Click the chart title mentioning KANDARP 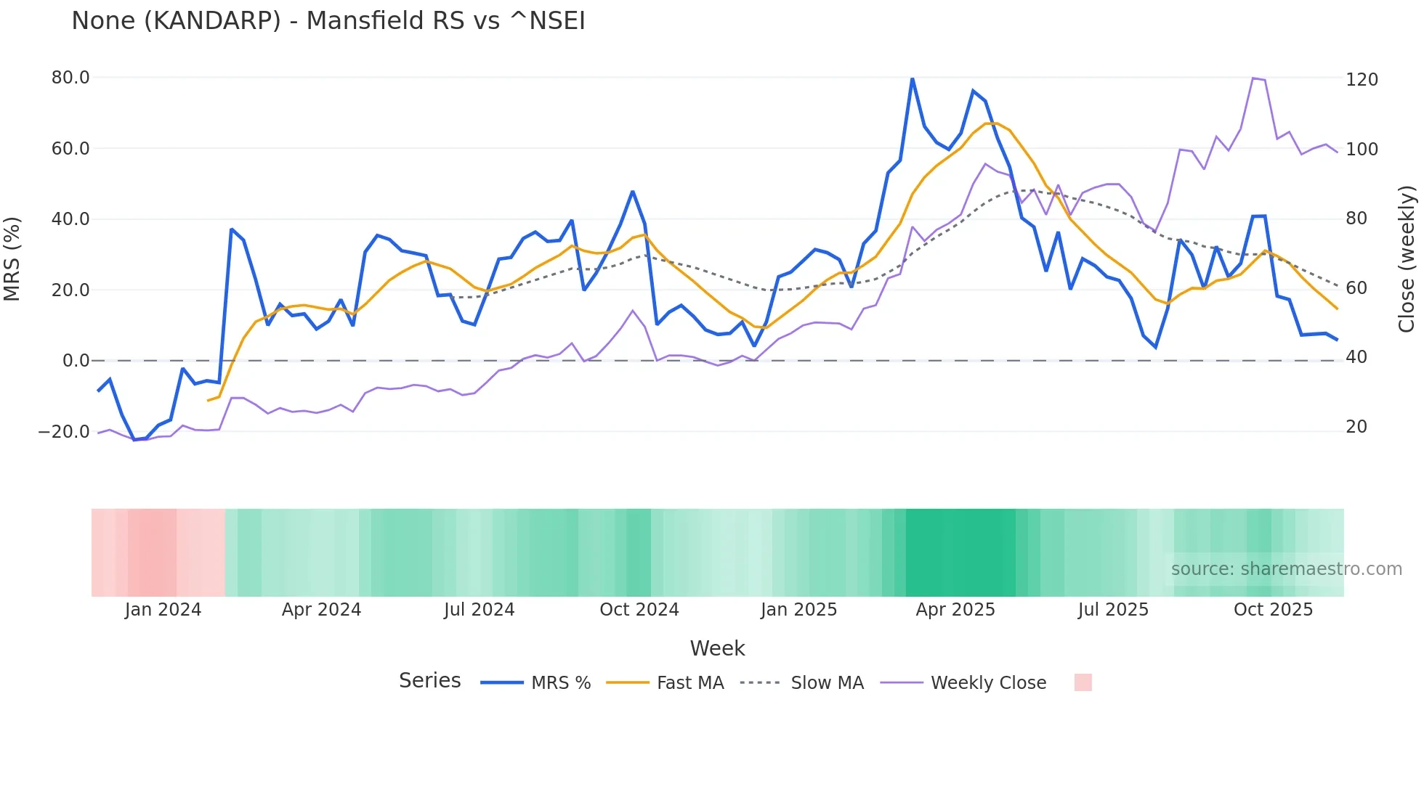click(x=328, y=21)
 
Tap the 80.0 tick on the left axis click(x=70, y=78)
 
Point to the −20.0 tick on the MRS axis click(x=64, y=432)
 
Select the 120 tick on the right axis click(x=1362, y=80)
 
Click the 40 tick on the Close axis click(x=1356, y=357)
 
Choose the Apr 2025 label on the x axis click(x=955, y=610)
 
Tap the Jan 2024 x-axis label click(x=163, y=610)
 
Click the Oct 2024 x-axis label click(x=639, y=610)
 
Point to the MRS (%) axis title click(x=12, y=258)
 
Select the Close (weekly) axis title click(x=1407, y=258)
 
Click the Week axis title click(x=717, y=648)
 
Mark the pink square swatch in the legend click(x=1083, y=682)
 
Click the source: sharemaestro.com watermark click(x=1286, y=569)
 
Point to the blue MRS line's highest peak click(x=912, y=78)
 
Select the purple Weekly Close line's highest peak click(x=1253, y=78)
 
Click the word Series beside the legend click(x=429, y=681)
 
